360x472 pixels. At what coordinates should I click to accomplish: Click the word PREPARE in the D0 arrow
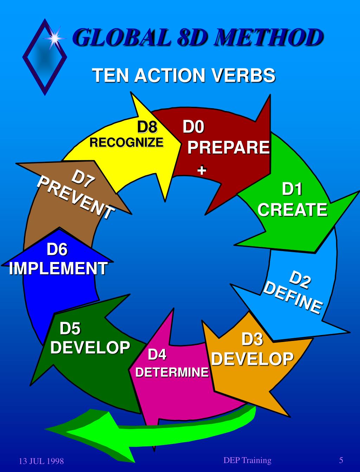coord(229,147)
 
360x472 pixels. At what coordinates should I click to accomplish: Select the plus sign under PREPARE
coord(201,170)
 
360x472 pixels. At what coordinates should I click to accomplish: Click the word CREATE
coord(292,210)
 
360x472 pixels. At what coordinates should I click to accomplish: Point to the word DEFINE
coord(292,297)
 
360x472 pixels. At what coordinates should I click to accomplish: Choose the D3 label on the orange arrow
coord(252,340)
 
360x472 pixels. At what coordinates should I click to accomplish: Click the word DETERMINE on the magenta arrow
coord(172,372)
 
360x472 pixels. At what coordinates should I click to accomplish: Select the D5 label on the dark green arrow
coord(70,329)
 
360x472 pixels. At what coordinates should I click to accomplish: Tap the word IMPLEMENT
coord(58,269)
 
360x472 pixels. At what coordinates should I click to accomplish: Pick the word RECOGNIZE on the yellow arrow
coord(127,142)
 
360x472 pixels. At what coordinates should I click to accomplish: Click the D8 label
coord(147,127)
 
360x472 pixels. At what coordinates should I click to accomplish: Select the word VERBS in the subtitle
coord(243,75)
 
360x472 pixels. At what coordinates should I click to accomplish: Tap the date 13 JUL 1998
coord(41,461)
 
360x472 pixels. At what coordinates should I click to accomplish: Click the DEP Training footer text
coord(247,460)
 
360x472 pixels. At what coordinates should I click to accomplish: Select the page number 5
coord(341,460)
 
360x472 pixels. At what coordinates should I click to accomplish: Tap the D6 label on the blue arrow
coord(57,249)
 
